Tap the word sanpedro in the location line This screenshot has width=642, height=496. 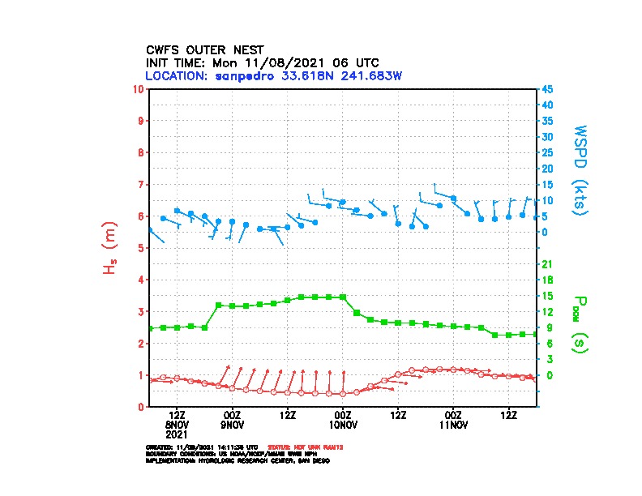coord(243,75)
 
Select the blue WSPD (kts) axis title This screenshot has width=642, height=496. coord(580,169)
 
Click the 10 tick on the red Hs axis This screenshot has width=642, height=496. coord(139,88)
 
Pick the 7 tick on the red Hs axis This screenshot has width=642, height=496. coord(142,184)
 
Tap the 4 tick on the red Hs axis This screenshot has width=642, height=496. coord(142,280)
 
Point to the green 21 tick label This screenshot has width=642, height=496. coord(547,264)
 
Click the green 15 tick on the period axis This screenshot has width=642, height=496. coord(547,296)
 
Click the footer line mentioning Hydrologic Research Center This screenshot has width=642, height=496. coord(238,460)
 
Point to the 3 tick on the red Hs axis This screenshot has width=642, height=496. coord(142,311)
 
